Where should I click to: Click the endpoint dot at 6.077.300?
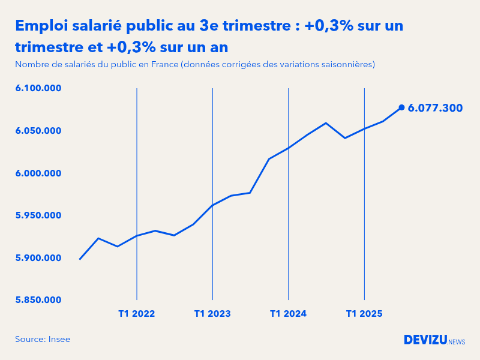tap(401, 107)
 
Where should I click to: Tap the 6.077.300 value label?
tap(435, 108)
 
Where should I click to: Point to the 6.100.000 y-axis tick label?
tap(38, 88)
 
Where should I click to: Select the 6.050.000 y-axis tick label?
tap(38, 131)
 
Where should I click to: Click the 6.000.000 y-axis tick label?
tap(38, 173)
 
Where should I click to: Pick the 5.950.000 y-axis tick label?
tap(38, 215)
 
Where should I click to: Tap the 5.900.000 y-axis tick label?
tap(38, 258)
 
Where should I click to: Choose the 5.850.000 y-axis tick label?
tap(38, 300)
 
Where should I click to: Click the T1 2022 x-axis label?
tap(137, 314)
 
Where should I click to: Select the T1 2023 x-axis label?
tap(212, 314)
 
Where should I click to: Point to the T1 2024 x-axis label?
tap(289, 314)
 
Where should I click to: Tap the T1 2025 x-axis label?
tap(364, 314)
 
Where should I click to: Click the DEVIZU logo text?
tap(425, 340)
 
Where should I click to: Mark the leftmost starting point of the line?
tap(80, 259)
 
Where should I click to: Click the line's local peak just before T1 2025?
tap(326, 123)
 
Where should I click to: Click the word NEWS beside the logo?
tap(457, 341)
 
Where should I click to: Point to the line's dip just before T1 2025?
tap(345, 138)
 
